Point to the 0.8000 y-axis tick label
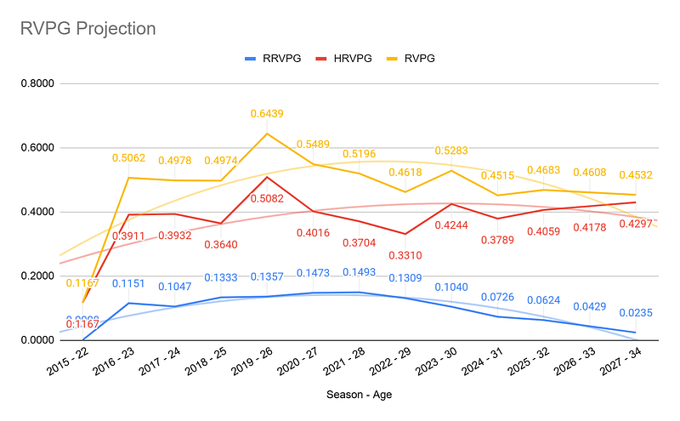tap(37, 83)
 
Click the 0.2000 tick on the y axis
tap(37, 276)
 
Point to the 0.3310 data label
tap(405, 255)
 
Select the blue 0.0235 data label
tap(634, 312)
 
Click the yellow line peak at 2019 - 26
tap(267, 134)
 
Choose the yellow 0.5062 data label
tap(129, 158)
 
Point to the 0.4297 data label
tap(634, 223)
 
